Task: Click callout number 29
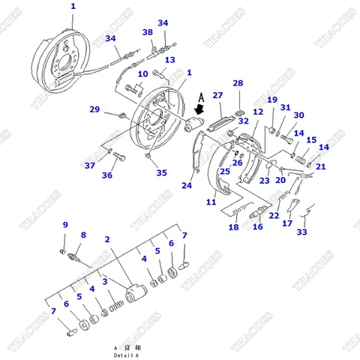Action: click(x=94, y=109)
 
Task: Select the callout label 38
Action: click(x=148, y=32)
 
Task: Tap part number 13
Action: click(x=170, y=60)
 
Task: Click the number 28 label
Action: click(x=238, y=83)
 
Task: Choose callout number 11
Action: click(x=211, y=202)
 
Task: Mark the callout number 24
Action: click(x=187, y=185)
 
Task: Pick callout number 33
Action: click(x=301, y=232)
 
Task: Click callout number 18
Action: click(x=233, y=227)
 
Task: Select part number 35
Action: click(x=161, y=172)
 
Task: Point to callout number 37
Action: click(x=89, y=166)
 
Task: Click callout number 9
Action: click(x=64, y=225)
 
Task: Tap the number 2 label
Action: click(x=107, y=239)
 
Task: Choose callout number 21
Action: click(x=321, y=166)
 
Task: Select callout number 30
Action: click(x=298, y=115)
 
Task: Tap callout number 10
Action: click(x=142, y=74)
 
